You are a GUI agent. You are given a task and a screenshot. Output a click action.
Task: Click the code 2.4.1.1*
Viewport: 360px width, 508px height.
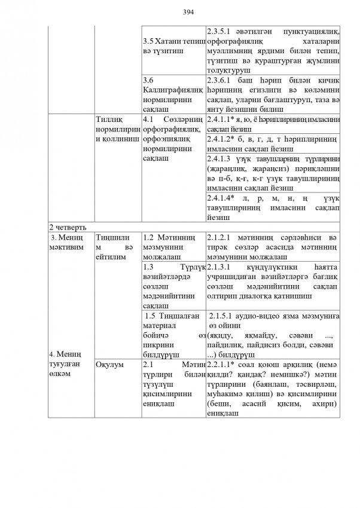pos(223,120)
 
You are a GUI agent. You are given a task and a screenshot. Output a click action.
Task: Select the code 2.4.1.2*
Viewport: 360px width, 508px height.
pos(223,139)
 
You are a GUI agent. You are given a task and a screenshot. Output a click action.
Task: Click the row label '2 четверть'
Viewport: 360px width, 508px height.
pos(68,228)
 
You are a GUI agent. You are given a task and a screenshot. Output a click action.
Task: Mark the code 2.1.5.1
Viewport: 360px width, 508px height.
pos(224,315)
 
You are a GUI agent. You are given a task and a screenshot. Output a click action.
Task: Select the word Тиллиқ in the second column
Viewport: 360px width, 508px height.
pos(109,120)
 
